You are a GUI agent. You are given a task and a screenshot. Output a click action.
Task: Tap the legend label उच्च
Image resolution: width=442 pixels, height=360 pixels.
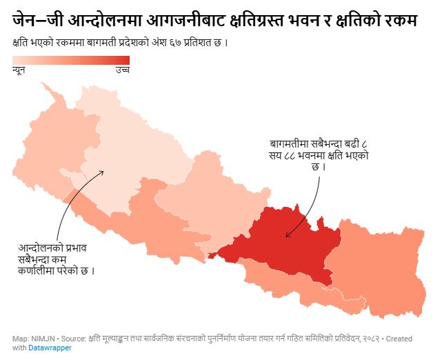(x=122, y=72)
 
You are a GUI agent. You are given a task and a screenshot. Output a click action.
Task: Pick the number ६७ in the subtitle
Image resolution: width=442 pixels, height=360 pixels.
(x=174, y=42)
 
